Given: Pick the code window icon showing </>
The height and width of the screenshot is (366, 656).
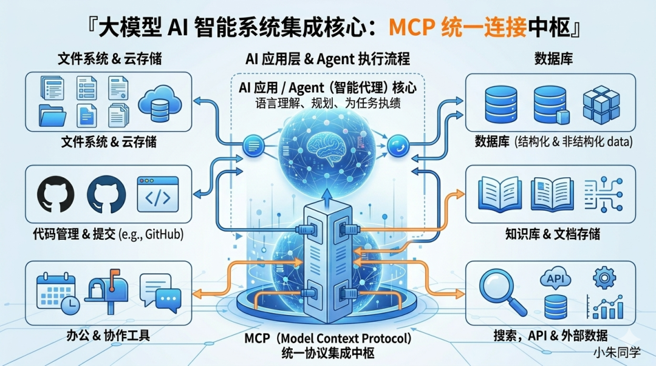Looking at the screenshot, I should coord(157,194).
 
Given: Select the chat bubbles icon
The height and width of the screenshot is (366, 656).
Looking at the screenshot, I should coord(159,292).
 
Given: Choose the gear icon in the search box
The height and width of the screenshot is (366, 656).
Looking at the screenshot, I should coord(604,278).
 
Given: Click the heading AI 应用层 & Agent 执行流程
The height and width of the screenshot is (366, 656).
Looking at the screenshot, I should coord(327,59).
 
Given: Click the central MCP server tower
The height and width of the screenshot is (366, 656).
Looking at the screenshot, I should coord(327,255).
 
